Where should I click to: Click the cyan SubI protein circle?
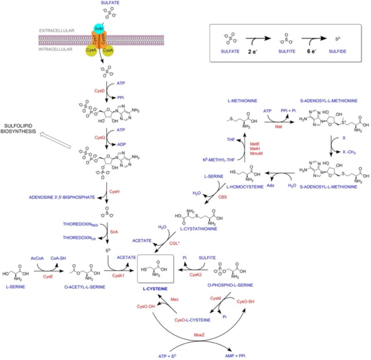coord(99,28)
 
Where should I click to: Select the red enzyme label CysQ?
coord(99,137)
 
